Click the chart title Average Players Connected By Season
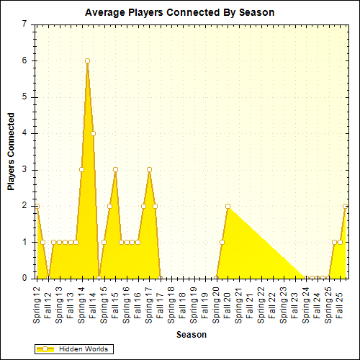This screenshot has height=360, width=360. coord(179,12)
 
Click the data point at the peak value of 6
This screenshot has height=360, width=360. coord(87,61)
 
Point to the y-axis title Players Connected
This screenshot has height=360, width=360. coord(12,151)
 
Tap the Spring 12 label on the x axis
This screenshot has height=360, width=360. coord(37,302)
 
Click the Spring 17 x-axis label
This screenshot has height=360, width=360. coord(149,302)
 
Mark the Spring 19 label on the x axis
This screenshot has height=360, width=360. coord(194,302)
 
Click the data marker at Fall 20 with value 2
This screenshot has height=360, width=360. coord(228,206)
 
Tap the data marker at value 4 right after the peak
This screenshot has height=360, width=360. coord(93,133)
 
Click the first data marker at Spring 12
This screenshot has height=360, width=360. coord(37,206)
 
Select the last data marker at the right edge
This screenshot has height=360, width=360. coord(346,206)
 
